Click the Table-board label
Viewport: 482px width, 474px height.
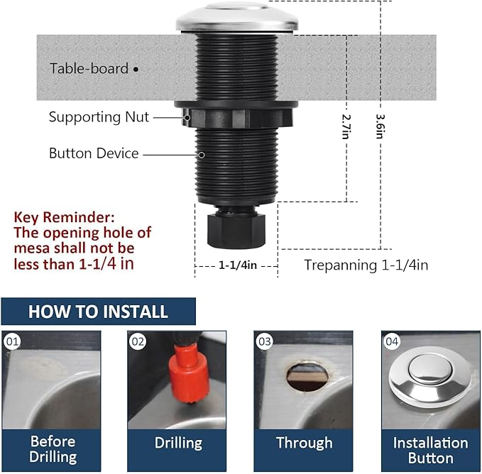[89, 69]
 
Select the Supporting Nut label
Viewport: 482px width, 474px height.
[99, 117]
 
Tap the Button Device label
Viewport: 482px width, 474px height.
[94, 153]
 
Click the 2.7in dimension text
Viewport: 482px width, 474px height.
[346, 127]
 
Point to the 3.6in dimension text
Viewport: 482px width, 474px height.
[380, 126]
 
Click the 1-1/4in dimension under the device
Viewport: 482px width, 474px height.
[236, 265]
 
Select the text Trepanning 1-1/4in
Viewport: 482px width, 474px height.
[366, 265]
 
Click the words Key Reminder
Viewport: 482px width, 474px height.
[63, 217]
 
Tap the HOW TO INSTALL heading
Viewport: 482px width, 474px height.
[98, 312]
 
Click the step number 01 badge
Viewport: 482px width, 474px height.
[11, 342]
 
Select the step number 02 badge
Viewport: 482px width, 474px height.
[138, 342]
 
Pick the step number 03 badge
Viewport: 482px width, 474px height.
[265, 342]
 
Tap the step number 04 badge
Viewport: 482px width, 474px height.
[392, 342]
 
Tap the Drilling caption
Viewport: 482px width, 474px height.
[178, 443]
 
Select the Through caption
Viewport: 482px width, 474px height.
[304, 443]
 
